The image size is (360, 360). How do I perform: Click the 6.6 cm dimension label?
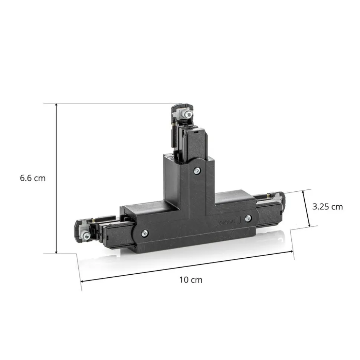tap(33, 178)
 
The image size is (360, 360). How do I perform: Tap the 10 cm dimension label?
tap(191, 280)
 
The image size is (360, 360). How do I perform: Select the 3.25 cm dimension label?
tap(327, 207)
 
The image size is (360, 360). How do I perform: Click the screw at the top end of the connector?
tap(189, 113)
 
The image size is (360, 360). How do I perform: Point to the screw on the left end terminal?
tap(87, 235)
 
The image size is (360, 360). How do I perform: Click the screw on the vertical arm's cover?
tap(197, 170)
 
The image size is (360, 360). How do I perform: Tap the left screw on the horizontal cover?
tap(145, 234)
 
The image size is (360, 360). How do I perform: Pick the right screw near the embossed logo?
tap(248, 218)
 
